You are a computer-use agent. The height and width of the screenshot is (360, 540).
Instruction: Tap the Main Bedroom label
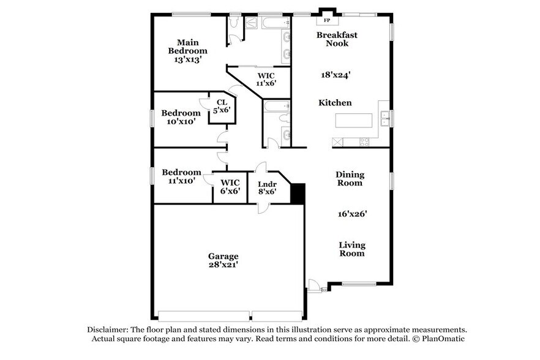(188, 47)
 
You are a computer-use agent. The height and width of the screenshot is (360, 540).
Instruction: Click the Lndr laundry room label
(266, 183)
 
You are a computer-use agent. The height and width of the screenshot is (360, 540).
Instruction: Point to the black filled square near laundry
(298, 194)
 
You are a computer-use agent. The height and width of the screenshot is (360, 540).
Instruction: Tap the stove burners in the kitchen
(364, 142)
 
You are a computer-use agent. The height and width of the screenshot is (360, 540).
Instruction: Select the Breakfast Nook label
(337, 39)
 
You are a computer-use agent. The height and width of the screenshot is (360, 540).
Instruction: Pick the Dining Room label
(349, 178)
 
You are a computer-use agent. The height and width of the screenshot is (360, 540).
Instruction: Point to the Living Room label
(352, 249)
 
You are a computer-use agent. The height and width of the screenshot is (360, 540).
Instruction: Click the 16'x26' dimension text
(352, 214)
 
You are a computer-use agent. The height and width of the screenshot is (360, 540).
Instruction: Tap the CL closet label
(222, 102)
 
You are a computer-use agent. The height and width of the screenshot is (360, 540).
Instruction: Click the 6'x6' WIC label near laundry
(230, 191)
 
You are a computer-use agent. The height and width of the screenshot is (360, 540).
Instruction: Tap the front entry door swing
(313, 285)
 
